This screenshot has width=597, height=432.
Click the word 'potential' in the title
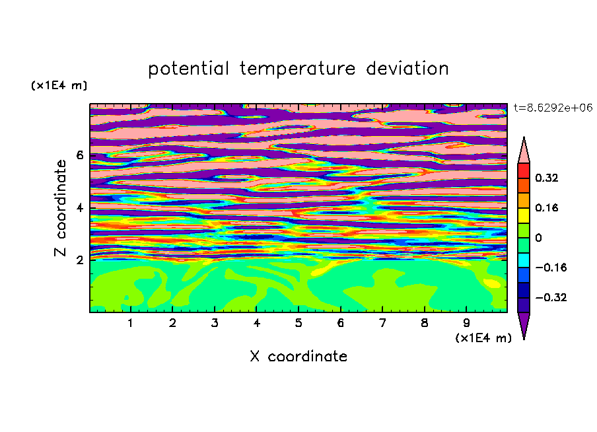(x=188, y=69)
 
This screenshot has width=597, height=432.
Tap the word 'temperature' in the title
(x=298, y=69)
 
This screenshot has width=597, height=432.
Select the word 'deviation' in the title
(x=407, y=68)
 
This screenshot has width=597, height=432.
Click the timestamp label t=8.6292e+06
(x=553, y=108)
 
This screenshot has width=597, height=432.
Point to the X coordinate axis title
(x=298, y=356)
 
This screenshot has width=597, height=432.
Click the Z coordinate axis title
(x=60, y=208)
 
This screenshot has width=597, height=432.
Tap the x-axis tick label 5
(x=298, y=323)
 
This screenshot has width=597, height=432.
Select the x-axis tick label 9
(x=466, y=323)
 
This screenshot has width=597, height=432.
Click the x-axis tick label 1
(x=130, y=323)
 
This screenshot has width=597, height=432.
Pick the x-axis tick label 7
(x=382, y=323)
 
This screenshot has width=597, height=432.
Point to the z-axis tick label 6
(x=79, y=155)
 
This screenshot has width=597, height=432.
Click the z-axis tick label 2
(x=79, y=260)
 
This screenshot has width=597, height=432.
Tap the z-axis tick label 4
(x=79, y=207)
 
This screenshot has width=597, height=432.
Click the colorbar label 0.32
(x=546, y=178)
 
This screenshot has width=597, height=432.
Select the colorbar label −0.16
(x=551, y=268)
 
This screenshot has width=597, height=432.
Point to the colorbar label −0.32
(x=551, y=297)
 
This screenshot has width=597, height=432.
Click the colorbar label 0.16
(x=546, y=207)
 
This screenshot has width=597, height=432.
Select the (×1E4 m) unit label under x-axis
(x=483, y=338)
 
